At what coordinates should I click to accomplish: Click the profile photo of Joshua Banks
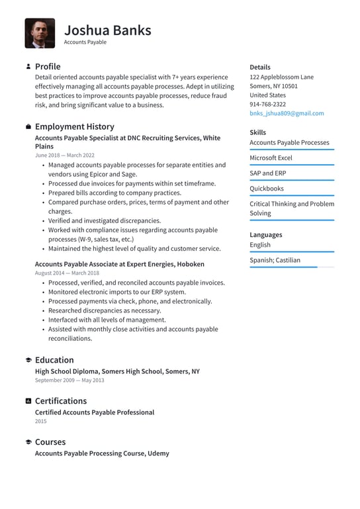40,33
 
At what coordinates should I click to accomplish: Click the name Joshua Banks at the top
107,30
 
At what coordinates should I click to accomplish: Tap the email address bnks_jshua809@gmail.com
287,113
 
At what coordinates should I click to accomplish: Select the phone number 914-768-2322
267,104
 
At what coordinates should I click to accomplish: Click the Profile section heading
47,66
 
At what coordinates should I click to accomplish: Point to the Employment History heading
74,126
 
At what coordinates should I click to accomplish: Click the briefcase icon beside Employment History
28,126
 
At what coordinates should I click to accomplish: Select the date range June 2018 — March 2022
64,155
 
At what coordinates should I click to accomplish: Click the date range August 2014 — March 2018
67,273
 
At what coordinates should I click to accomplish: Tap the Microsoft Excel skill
271,158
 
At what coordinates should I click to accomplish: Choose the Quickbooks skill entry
266,189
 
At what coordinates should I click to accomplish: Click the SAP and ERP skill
268,173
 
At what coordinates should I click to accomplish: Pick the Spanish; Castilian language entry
275,260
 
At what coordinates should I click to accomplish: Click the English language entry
260,244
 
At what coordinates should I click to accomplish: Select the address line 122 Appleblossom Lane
281,77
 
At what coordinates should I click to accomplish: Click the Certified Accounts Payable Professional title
94,412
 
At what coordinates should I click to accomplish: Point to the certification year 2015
41,421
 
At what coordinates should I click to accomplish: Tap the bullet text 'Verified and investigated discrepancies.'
104,220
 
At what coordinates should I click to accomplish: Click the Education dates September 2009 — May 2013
69,381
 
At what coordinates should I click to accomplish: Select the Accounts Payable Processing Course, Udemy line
102,453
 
